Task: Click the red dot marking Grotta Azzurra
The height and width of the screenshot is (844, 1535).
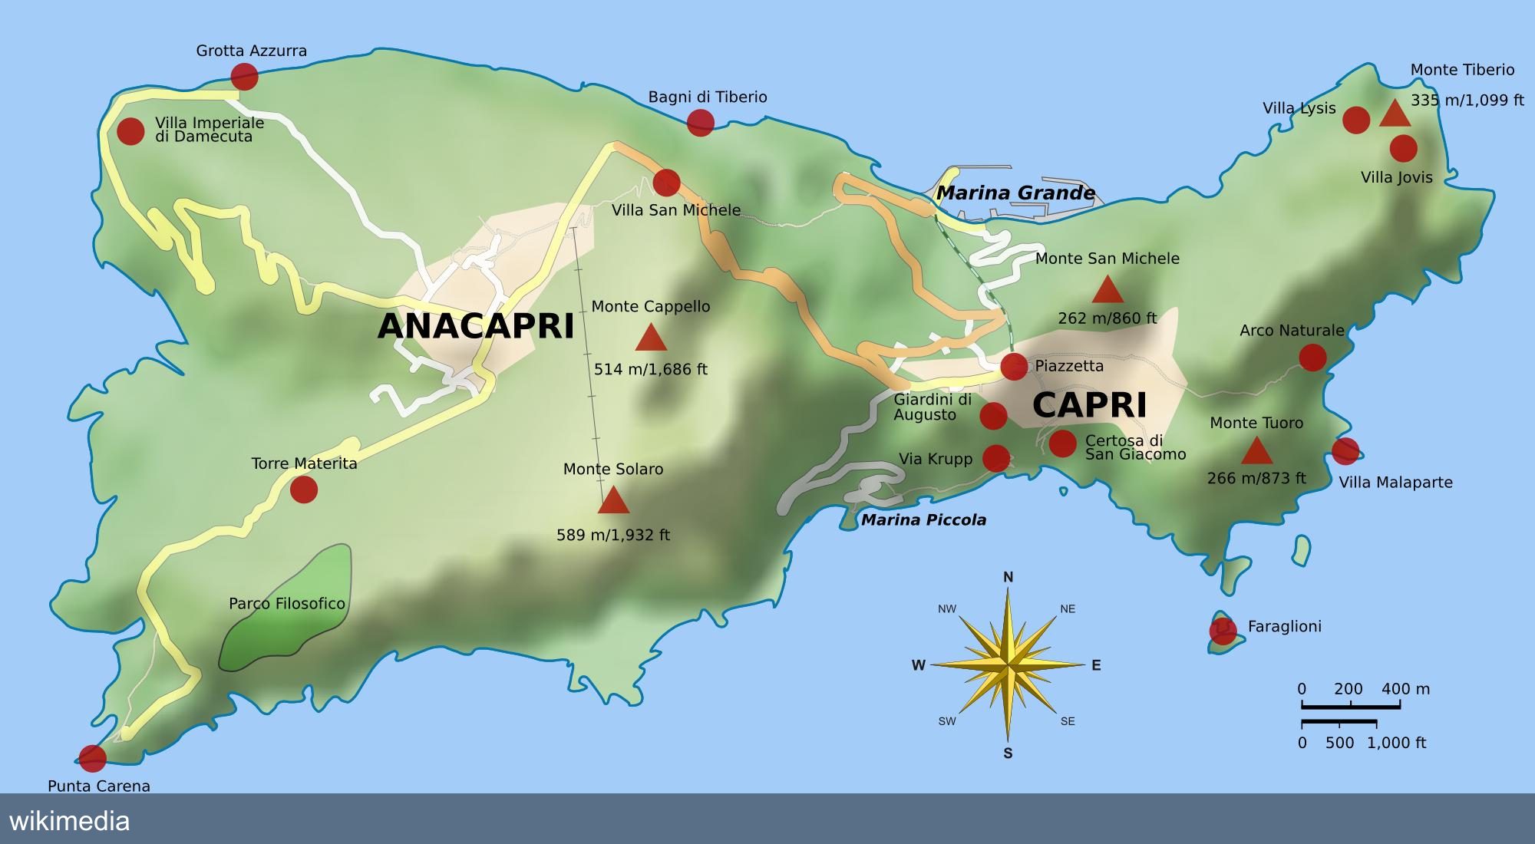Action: [244, 77]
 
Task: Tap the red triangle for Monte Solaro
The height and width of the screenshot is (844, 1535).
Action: [613, 501]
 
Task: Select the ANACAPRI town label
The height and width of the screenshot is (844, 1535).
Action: [476, 326]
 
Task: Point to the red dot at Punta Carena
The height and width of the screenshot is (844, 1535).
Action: [92, 758]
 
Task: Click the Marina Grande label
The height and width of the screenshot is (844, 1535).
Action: [1015, 193]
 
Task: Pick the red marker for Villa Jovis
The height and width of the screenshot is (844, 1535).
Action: [1403, 148]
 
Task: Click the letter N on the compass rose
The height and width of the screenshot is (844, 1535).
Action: [1008, 577]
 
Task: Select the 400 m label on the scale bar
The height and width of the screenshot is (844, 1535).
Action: [1405, 689]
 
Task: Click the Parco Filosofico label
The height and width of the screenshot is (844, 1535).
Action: [287, 604]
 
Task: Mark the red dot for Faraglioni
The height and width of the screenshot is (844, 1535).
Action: [1223, 631]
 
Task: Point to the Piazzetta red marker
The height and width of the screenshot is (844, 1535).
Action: [1014, 367]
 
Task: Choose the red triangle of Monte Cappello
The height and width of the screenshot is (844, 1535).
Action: [651, 338]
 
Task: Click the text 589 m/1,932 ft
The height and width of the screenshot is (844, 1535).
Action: [612, 535]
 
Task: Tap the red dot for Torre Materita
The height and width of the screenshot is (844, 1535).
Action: [304, 489]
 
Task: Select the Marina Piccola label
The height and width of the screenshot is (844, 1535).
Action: [923, 520]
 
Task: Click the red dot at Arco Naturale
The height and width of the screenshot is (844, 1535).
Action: [1312, 358]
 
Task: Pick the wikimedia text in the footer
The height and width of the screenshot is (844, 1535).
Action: [70, 821]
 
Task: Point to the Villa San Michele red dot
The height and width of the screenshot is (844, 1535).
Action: [666, 183]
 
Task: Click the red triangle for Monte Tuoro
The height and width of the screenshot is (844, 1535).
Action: [1256, 452]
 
